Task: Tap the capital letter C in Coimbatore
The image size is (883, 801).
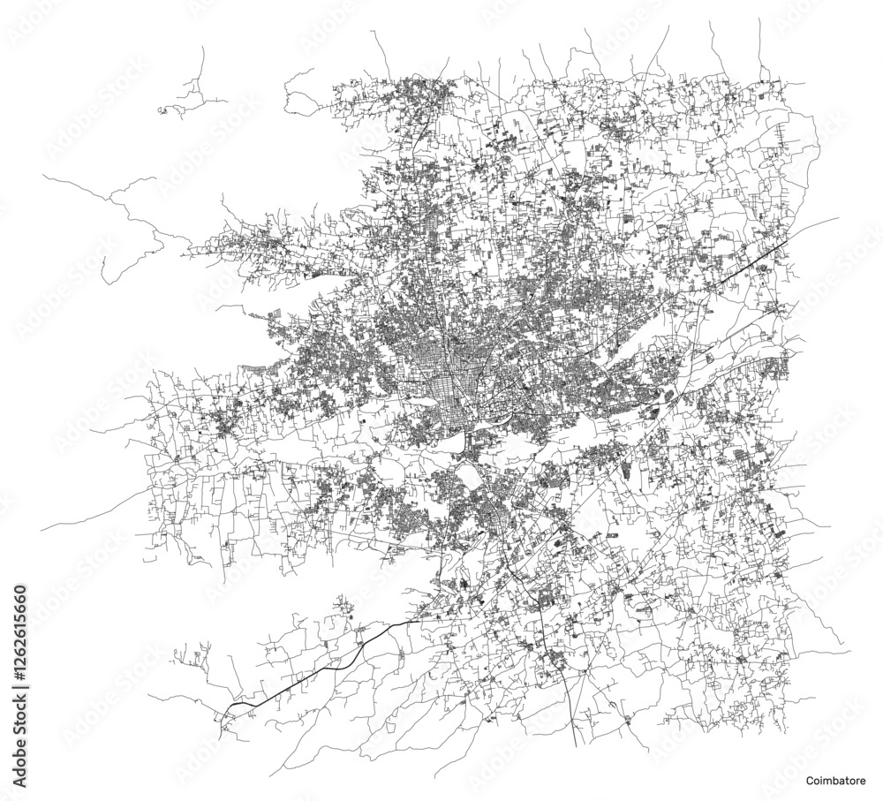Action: point(809,781)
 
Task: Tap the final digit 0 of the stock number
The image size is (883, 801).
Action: point(20,587)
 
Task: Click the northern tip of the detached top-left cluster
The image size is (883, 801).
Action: point(205,49)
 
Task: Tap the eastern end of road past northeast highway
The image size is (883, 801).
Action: point(837,218)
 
